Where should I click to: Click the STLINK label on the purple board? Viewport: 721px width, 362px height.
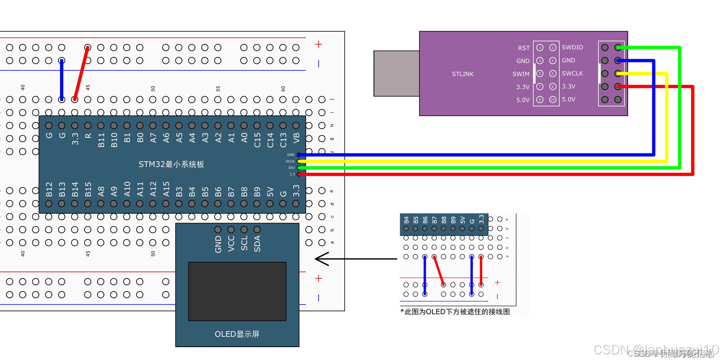[x=462, y=74]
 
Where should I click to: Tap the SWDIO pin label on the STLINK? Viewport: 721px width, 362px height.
[x=572, y=47]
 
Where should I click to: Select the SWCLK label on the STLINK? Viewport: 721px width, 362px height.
[x=572, y=74]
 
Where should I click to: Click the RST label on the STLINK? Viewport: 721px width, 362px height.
[x=523, y=48]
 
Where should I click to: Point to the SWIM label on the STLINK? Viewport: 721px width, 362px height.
[x=521, y=74]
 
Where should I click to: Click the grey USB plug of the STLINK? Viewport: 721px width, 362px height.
[x=396, y=74]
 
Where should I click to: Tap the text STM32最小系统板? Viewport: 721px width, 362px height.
[x=171, y=165]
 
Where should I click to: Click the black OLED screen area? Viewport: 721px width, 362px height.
[x=237, y=291]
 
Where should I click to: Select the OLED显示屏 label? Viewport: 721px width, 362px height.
[x=237, y=334]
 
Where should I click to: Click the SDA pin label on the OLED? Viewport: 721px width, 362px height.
[x=257, y=244]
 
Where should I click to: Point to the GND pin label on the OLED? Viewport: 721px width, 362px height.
[x=218, y=244]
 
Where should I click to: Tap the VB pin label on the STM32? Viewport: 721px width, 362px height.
[x=297, y=138]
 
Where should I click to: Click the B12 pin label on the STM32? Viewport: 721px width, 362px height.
[x=49, y=189]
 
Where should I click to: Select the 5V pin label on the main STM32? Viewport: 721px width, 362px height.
[x=270, y=193]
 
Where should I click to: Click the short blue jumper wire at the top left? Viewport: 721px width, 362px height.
[x=62, y=80]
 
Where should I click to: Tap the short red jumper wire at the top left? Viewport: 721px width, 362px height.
[x=81, y=73]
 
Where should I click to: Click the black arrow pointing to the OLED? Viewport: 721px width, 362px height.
[x=355, y=259]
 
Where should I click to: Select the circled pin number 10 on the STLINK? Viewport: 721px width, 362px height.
[x=552, y=100]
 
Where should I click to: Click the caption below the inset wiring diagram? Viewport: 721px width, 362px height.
[x=455, y=312]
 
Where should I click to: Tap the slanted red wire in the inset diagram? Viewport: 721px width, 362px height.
[x=439, y=271]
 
